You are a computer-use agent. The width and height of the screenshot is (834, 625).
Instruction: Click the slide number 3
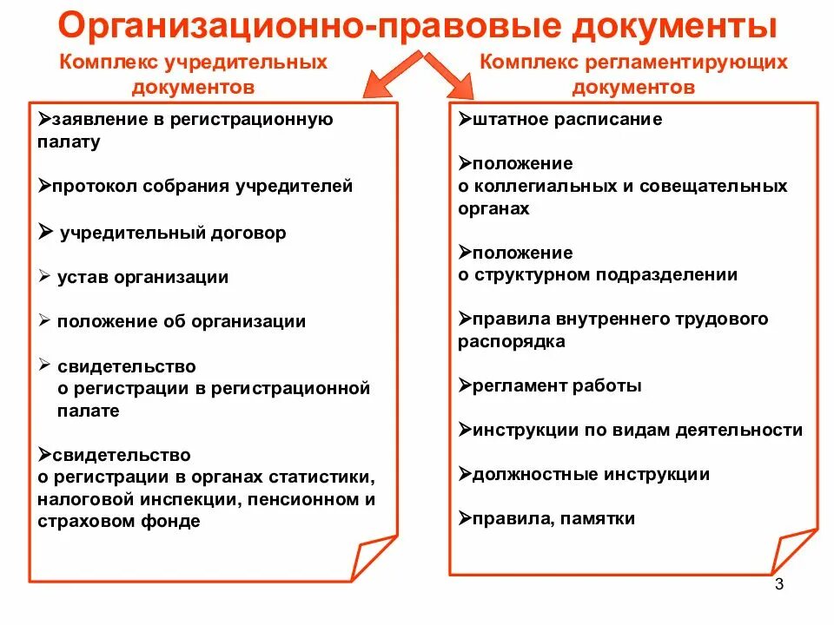(x=778, y=585)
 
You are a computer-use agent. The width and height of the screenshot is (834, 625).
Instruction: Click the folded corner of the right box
(x=792, y=551)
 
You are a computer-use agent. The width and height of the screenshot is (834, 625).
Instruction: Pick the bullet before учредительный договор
(x=45, y=232)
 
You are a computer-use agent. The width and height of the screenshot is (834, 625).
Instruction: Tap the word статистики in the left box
(x=329, y=477)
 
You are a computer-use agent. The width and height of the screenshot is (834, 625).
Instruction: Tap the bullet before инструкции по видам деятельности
(x=464, y=429)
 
